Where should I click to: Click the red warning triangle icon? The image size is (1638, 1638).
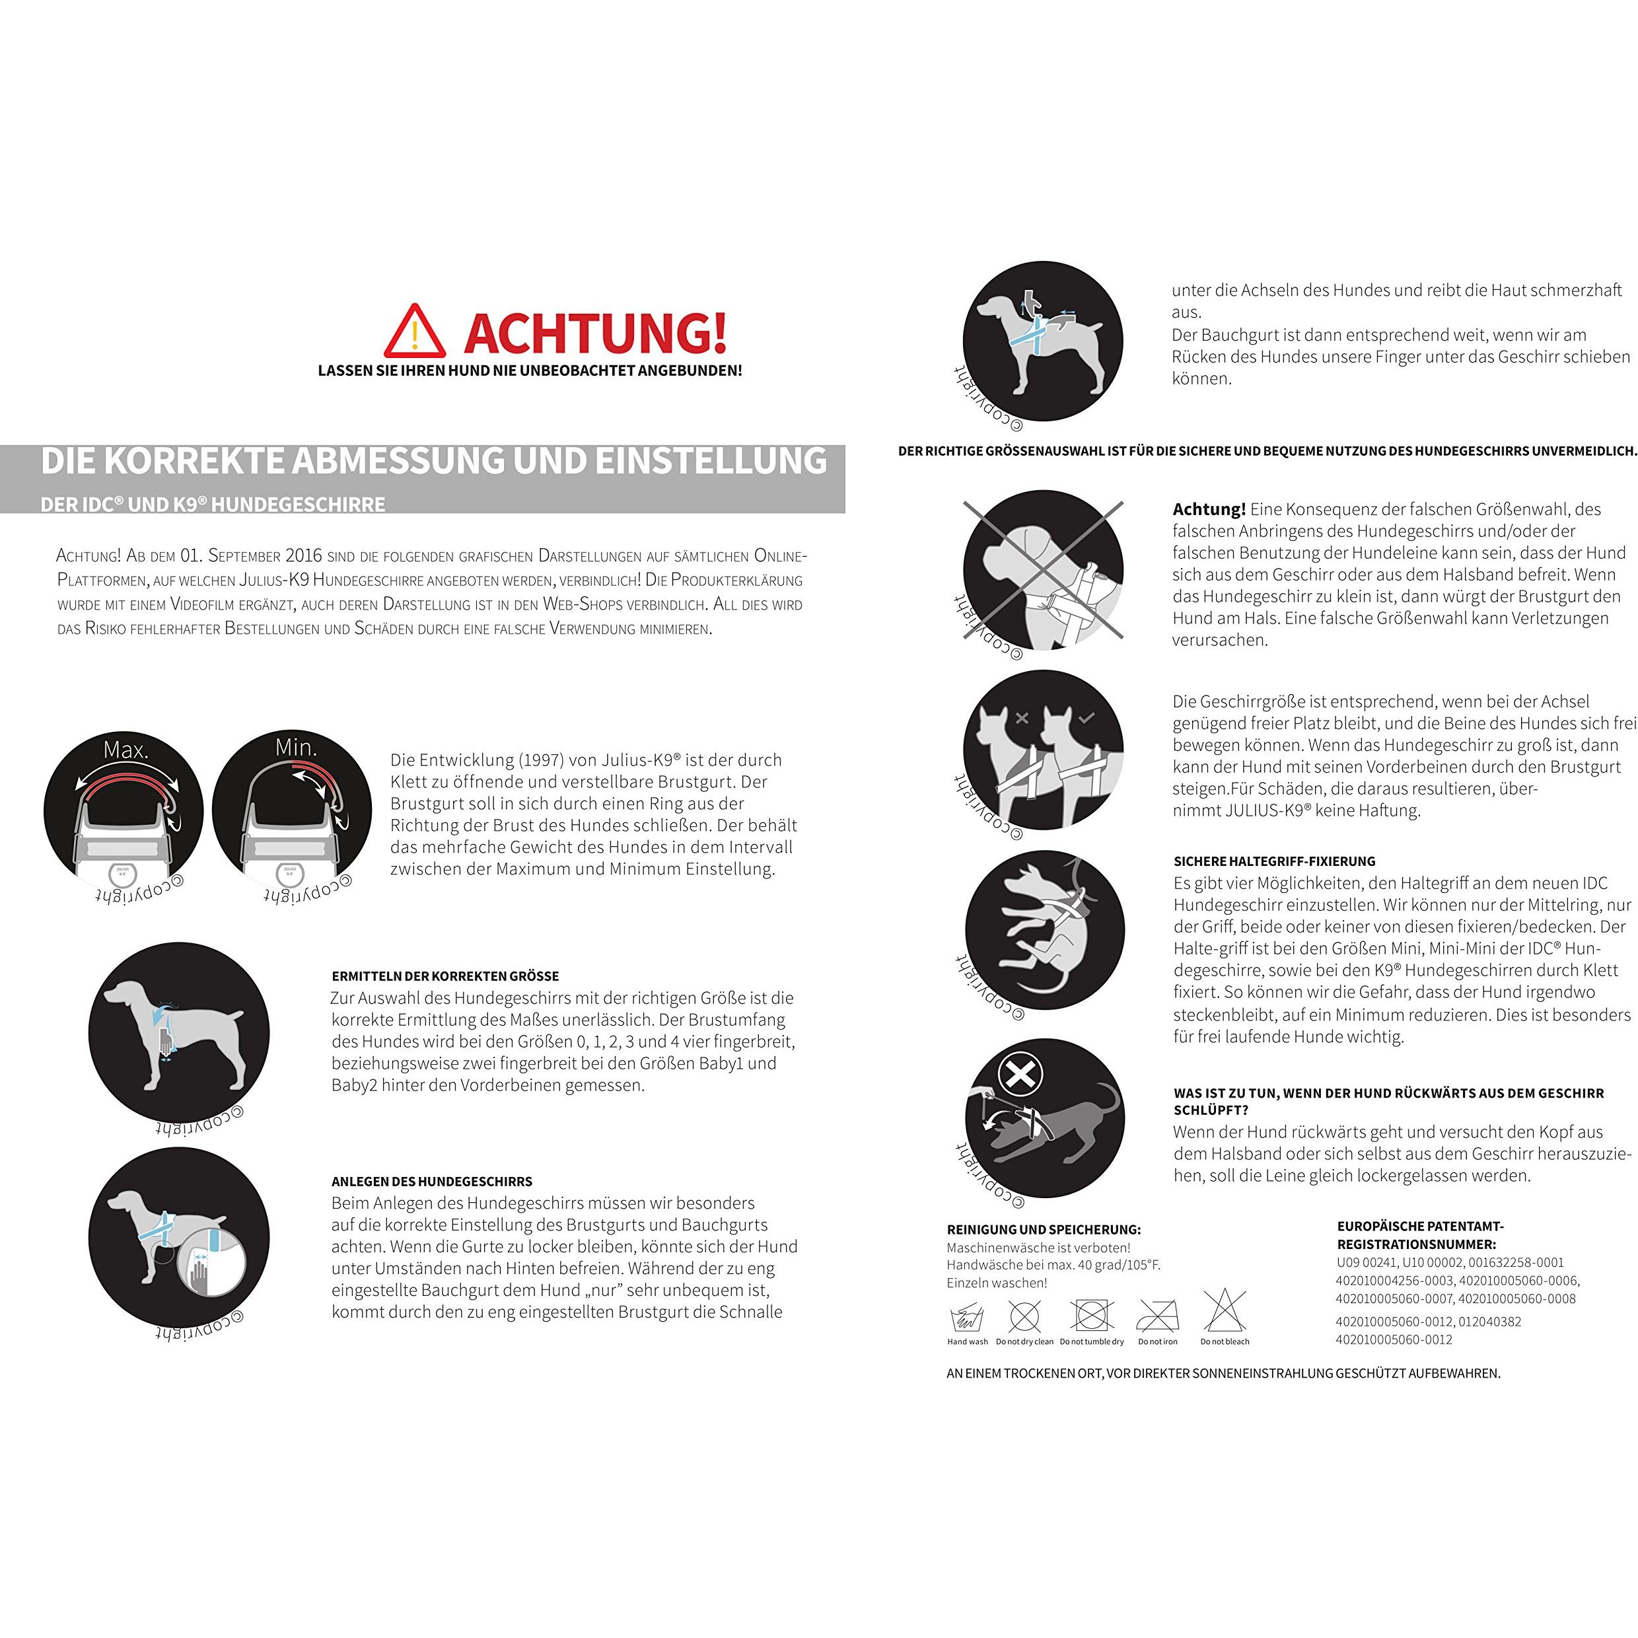click(415, 332)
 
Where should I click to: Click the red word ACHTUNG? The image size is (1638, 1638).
click(595, 332)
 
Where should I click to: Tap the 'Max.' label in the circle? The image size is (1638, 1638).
click(125, 750)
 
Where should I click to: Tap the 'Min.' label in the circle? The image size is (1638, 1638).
click(296, 747)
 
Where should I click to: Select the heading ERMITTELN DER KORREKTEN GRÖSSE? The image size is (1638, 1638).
click(445, 976)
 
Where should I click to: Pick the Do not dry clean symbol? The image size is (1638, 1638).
click(1024, 1316)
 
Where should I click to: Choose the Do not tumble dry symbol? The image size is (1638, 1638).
click(1091, 1316)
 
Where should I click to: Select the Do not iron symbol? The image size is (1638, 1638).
click(1157, 1316)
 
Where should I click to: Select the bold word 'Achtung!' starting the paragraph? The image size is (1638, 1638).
click(1209, 509)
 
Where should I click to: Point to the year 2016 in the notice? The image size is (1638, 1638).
click(304, 556)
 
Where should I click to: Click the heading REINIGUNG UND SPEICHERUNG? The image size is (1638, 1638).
click(1044, 1229)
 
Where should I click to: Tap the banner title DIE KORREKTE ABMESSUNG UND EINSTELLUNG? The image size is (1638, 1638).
click(434, 460)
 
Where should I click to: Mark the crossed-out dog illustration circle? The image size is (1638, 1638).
click(1043, 570)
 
